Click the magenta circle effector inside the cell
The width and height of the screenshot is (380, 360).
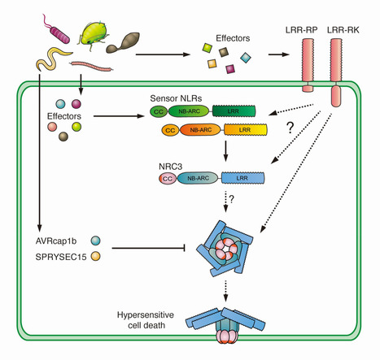[x=78, y=104]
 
